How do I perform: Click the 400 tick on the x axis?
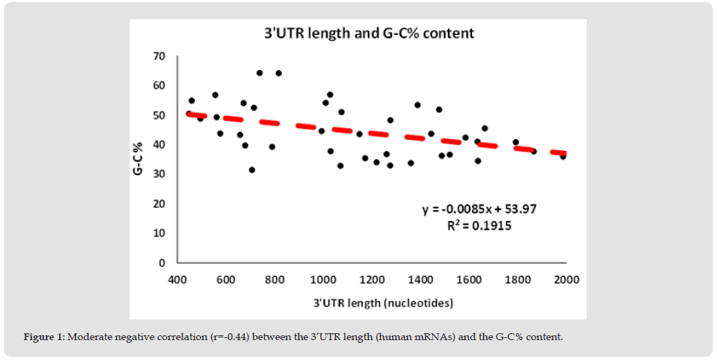click(x=178, y=279)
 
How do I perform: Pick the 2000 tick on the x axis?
click(x=566, y=279)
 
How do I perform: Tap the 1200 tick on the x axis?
click(x=372, y=279)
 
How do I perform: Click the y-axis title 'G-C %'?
click(x=137, y=159)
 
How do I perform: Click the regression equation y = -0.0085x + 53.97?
click(x=479, y=209)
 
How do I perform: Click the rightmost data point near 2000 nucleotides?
click(x=563, y=156)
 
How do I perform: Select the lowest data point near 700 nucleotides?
click(x=252, y=170)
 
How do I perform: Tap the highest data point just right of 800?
click(x=279, y=73)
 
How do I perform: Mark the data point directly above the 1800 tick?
click(x=515, y=143)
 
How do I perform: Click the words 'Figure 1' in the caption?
click(x=44, y=337)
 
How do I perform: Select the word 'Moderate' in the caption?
click(x=89, y=337)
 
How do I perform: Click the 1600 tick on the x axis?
click(x=469, y=279)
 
